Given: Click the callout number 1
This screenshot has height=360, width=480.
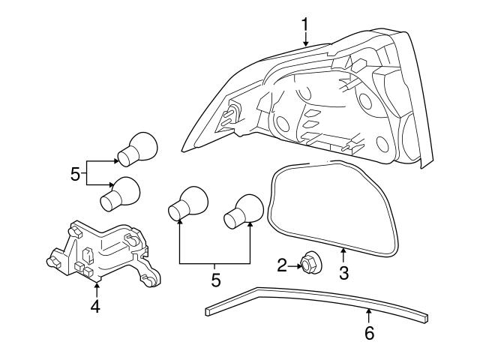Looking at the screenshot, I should click(305, 25).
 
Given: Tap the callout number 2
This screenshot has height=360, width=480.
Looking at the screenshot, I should click(282, 264).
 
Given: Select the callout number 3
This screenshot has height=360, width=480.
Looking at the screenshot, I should click(343, 273).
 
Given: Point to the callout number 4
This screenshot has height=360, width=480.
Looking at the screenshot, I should click(95, 307).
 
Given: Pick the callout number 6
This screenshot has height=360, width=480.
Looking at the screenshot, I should click(368, 332).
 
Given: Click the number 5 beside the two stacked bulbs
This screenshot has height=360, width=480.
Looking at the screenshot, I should click(75, 174).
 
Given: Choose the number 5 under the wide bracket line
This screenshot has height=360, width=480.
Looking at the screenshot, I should click(215, 280).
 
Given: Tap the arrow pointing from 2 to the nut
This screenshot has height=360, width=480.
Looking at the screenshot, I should click(293, 264).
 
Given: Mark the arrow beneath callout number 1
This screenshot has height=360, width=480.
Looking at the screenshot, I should click(305, 40).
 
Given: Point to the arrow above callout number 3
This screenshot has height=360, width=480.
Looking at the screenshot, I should click(343, 254).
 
